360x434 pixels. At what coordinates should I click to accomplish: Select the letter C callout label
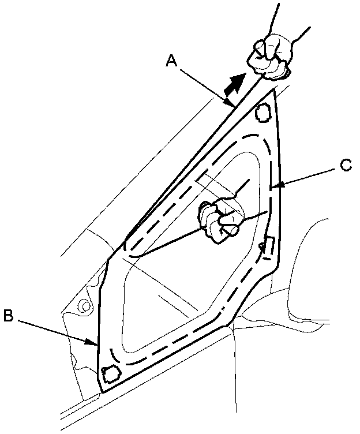(x=345, y=165)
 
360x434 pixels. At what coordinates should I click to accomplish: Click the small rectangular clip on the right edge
(x=268, y=245)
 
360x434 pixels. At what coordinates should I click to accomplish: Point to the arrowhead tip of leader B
(x=97, y=345)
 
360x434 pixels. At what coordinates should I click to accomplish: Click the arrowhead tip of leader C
(x=271, y=186)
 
